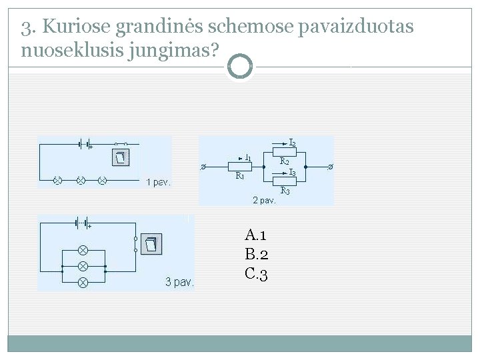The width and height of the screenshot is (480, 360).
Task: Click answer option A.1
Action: coord(256,235)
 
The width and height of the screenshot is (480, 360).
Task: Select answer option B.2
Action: coord(257,254)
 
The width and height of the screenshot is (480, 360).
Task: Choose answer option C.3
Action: coord(257,273)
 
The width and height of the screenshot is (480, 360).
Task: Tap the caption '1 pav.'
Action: coord(159,182)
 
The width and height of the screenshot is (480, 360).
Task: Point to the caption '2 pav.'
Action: coord(263,199)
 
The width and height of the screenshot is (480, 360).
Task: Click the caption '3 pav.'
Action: coord(179,282)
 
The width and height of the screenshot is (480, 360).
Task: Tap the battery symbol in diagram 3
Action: coord(83,223)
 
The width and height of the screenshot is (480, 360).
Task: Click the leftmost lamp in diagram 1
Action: coord(58,180)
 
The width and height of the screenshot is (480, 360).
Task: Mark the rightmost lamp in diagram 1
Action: coord(103,180)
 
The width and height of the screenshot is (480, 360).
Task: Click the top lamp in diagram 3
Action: coord(83,250)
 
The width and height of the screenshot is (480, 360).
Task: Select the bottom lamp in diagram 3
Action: coord(83,283)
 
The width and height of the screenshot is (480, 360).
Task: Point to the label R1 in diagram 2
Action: coord(240,176)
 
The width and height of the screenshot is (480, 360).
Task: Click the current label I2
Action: coord(293,142)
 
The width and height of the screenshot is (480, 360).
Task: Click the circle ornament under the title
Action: coord(240,67)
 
